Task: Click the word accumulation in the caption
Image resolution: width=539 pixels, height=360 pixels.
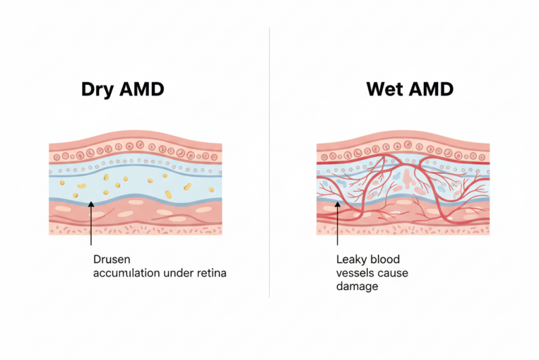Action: [128, 273]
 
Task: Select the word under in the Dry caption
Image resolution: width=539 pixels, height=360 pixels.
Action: [182, 273]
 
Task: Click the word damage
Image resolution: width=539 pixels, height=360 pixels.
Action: [356, 287]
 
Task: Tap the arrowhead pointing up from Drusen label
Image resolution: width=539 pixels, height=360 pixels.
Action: [90, 204]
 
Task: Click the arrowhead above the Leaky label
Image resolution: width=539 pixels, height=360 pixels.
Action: [336, 204]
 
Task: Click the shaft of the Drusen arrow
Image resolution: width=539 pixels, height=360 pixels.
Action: [90, 226]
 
